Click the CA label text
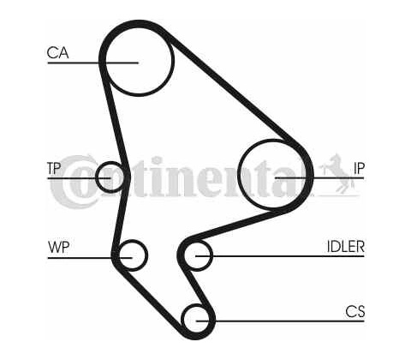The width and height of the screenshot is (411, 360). (x=57, y=53)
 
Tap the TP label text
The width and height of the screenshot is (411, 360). (x=54, y=168)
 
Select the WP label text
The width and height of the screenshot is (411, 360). (x=59, y=247)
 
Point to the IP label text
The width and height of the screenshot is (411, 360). (x=359, y=168)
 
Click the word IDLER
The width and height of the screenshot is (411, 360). (x=346, y=246)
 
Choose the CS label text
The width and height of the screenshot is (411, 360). (x=355, y=311)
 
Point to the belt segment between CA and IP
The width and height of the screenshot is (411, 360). (x=233, y=88)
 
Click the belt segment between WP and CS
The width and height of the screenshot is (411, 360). (x=148, y=297)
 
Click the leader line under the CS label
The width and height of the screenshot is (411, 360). (x=280, y=321)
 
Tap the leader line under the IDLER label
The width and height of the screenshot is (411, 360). (x=280, y=256)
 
